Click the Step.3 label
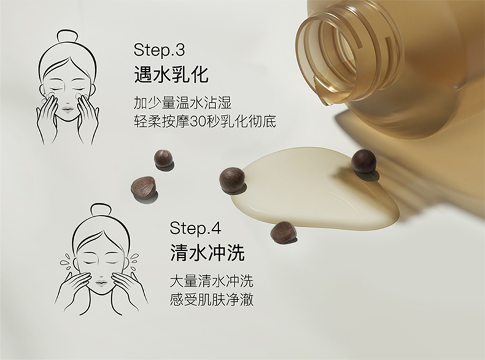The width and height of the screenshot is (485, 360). click(159, 50)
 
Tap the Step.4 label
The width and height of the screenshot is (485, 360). click(195, 228)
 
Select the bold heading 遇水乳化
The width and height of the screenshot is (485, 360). click(171, 74)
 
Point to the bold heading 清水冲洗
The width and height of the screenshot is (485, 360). click(208, 252)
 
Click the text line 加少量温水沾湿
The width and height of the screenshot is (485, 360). click(182, 103)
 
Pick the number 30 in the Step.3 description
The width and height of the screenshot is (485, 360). click(198, 122)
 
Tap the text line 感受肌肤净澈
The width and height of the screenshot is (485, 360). click(212, 300)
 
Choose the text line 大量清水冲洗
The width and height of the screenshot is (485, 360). click(212, 281)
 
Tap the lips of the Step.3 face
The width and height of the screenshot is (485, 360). click(68, 109)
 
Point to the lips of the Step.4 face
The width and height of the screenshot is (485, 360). click(101, 283)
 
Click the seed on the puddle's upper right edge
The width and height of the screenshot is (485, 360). click(363, 161)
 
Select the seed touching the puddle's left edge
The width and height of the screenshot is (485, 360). click(232, 181)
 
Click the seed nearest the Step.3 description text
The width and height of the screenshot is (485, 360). click(163, 158)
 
